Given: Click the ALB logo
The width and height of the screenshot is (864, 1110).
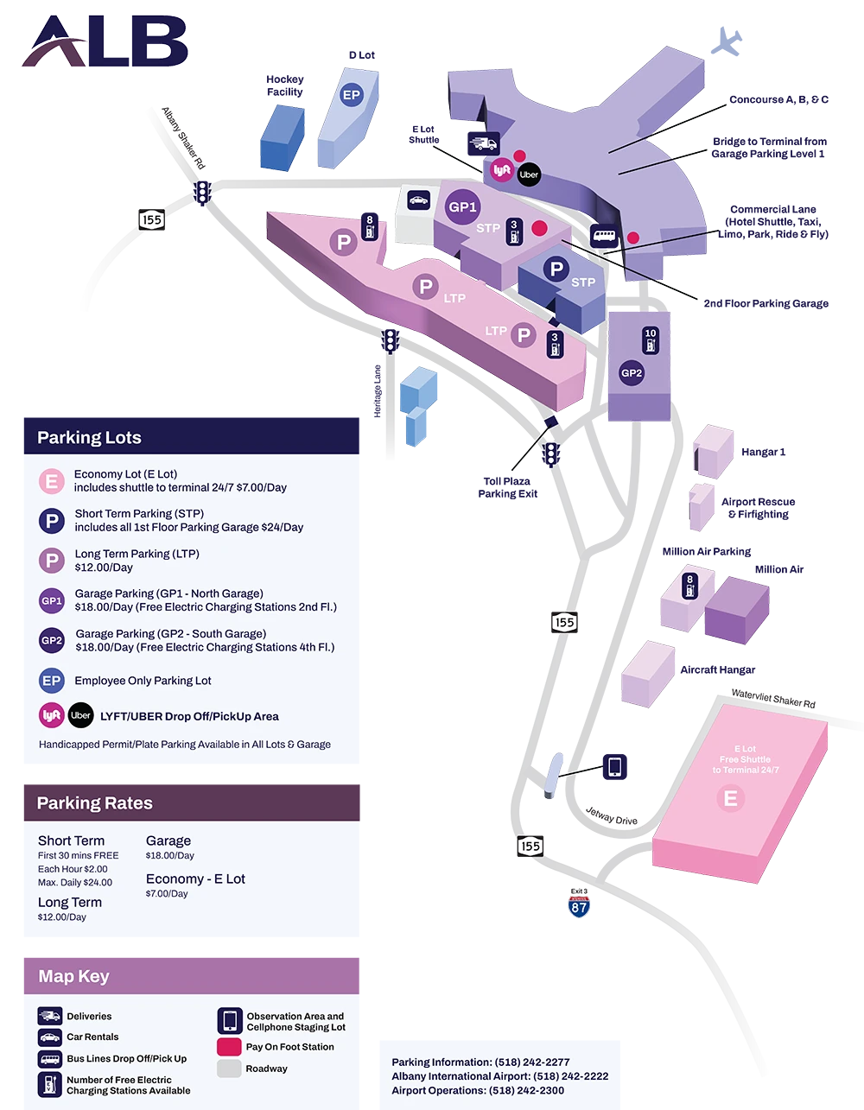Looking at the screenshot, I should tap(104, 41).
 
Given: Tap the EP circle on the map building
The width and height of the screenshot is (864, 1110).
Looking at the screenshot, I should tap(351, 95).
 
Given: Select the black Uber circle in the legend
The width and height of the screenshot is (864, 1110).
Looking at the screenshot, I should tap(80, 715).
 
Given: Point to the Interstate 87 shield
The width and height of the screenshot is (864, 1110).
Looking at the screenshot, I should tap(579, 905).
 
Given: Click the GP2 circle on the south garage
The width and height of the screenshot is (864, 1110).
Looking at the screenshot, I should tap(632, 373).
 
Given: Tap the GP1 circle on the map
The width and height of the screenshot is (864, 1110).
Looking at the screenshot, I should tap(461, 207).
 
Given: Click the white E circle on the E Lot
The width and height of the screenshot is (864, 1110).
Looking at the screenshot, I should tap(730, 798).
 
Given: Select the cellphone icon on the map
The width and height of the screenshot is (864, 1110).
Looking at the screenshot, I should tap(614, 766).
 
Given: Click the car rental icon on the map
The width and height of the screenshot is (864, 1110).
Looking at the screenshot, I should tap(417, 200).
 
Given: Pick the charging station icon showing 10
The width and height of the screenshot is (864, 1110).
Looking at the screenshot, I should tap(651, 339).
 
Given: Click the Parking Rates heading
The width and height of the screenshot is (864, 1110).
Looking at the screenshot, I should tap(94, 803).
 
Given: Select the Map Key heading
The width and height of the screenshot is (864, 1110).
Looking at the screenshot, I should tap(73, 976).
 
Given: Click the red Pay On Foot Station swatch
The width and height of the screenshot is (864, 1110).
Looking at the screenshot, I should tap(229, 1047).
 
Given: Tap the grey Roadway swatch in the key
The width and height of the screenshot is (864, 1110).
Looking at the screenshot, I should tap(229, 1069).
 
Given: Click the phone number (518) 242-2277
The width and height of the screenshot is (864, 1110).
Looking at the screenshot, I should tap(531, 1062).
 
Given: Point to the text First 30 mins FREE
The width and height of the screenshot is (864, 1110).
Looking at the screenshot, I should tap(78, 855).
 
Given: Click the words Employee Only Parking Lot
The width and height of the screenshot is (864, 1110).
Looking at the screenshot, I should tap(143, 681).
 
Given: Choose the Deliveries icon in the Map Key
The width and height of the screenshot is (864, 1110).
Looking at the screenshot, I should tap(49, 1016).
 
